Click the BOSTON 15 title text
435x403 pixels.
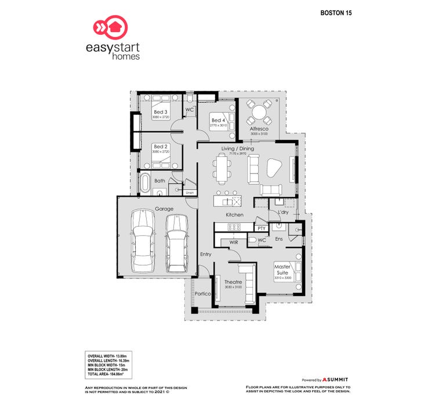point(336,12)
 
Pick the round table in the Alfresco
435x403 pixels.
point(259,110)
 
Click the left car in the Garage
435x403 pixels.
point(142,240)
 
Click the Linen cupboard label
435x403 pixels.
point(189,192)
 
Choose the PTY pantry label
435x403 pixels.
point(262,228)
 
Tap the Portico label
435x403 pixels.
point(202,294)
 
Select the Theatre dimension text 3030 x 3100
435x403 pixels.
point(233,287)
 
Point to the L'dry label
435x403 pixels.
point(283,212)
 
